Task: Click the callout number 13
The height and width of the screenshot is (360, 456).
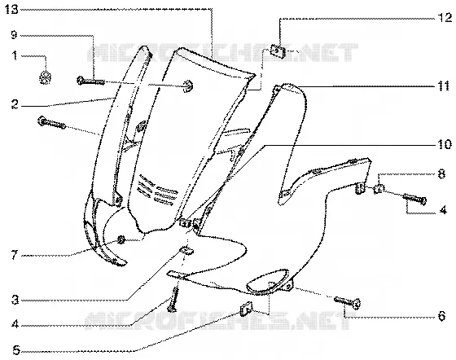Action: pyautogui.click(x=12, y=10)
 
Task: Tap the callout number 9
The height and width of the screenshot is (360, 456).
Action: pyautogui.click(x=15, y=35)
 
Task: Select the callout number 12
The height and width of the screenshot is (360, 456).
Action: pyautogui.click(x=445, y=18)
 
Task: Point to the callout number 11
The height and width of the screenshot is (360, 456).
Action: pyautogui.click(x=444, y=86)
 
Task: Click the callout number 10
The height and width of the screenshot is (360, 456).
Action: pyautogui.click(x=445, y=144)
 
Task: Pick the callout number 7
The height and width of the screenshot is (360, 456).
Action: pyautogui.click(x=15, y=255)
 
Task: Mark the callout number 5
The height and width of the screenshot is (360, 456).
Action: pyautogui.click(x=16, y=350)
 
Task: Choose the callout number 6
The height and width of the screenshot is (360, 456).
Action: pyautogui.click(x=441, y=316)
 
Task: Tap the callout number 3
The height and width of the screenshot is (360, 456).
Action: pyautogui.click(x=15, y=300)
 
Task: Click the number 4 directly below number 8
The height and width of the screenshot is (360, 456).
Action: pyautogui.click(x=443, y=210)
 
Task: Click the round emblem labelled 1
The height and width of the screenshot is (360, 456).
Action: pyautogui.click(x=45, y=77)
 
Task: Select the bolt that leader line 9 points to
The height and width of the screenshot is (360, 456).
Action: pyautogui.click(x=90, y=81)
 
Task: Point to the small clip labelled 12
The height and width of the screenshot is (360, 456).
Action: pyautogui.click(x=278, y=50)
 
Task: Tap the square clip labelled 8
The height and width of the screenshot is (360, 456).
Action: pyautogui.click(x=378, y=189)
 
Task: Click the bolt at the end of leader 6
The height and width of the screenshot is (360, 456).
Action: pyautogui.click(x=348, y=302)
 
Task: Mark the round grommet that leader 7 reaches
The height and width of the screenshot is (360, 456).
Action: pyautogui.click(x=121, y=240)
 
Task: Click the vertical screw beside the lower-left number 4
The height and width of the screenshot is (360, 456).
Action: pyautogui.click(x=173, y=299)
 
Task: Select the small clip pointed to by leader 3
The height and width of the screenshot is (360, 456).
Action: pyautogui.click(x=186, y=250)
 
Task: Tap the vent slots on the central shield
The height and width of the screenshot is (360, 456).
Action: pyautogui.click(x=158, y=189)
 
